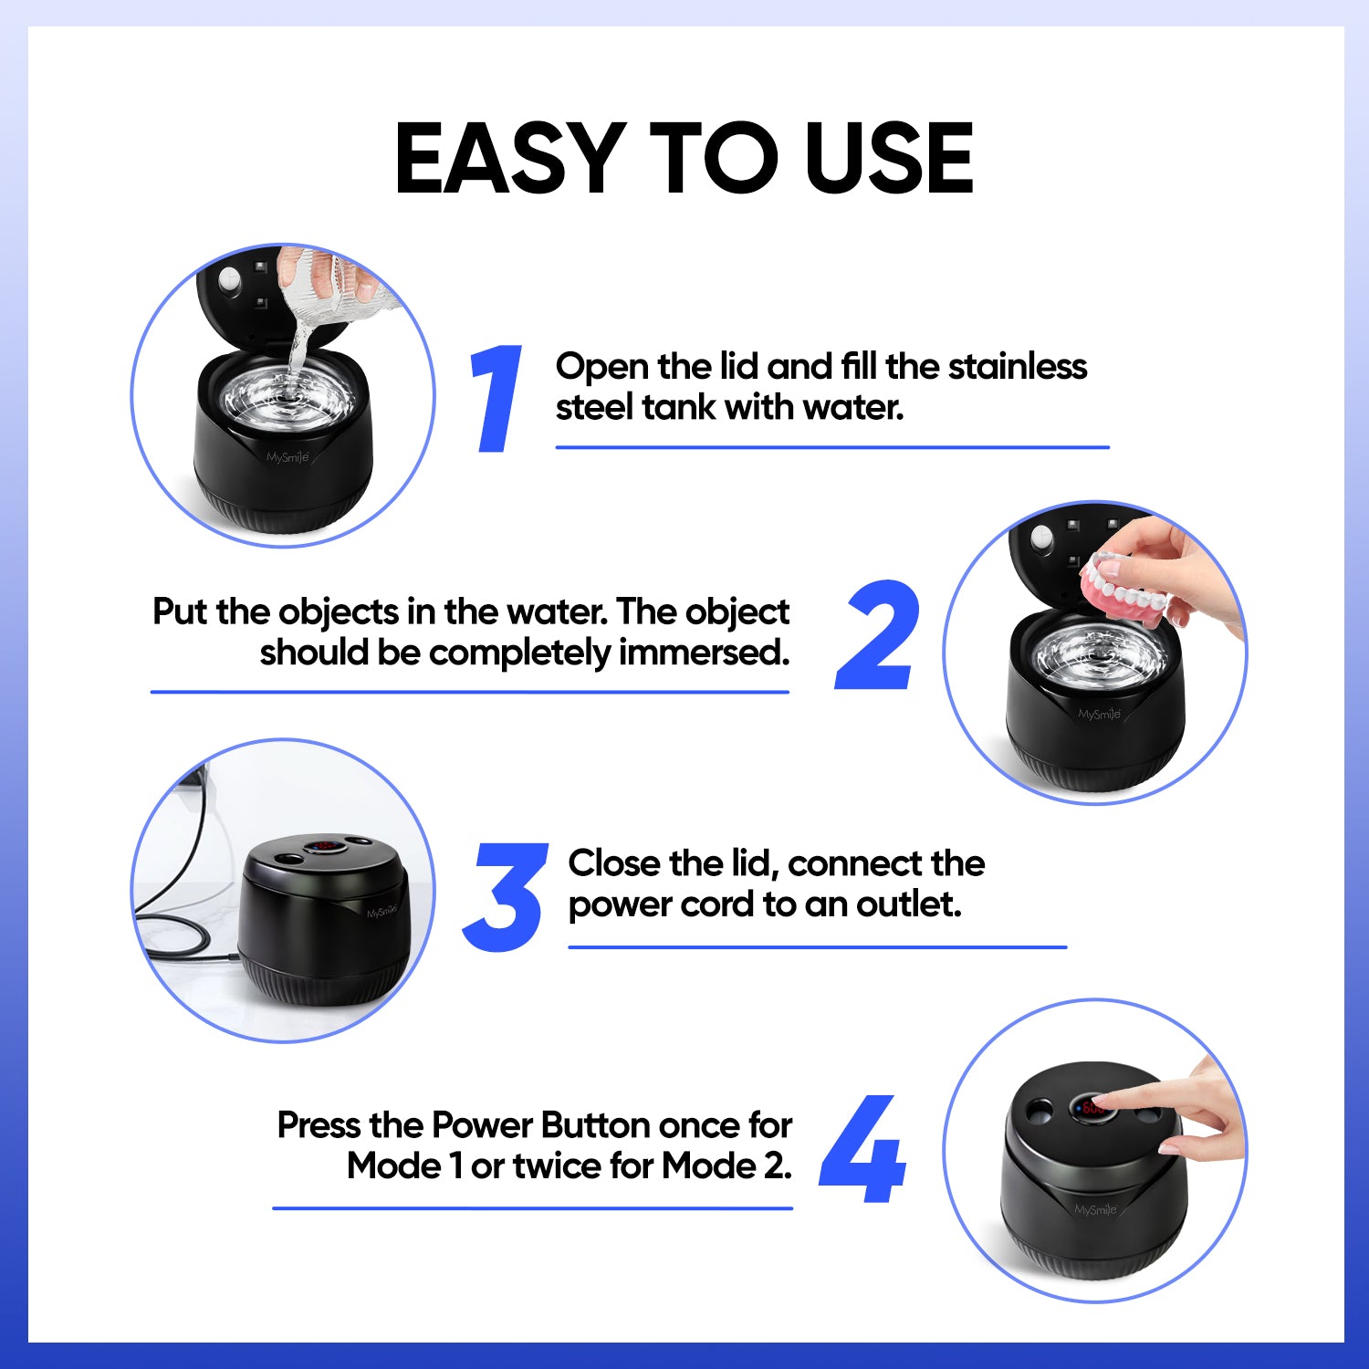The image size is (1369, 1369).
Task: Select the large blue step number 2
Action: point(877,635)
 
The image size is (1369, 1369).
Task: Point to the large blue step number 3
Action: point(505,898)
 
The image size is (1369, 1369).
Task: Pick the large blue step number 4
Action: point(862,1150)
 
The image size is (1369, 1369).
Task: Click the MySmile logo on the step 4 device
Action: point(1095,1209)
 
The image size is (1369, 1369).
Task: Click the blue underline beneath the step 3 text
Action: point(818,947)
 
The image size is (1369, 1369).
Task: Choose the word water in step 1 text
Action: point(853,407)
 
